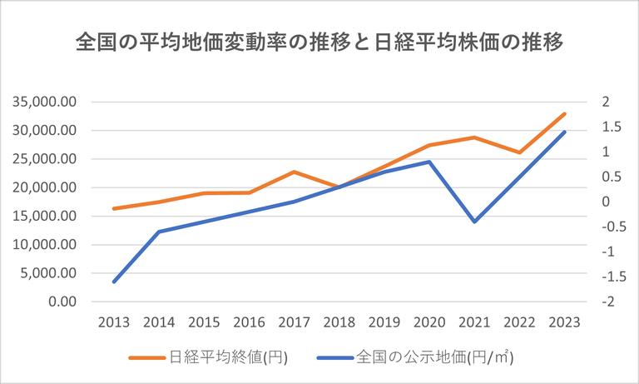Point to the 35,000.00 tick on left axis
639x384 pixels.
point(45,102)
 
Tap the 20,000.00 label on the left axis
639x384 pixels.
point(45,187)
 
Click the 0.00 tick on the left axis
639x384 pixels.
point(62,302)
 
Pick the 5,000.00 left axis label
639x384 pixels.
point(49,273)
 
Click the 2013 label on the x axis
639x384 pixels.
point(114,322)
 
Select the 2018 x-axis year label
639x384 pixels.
point(339,322)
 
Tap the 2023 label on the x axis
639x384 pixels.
point(564,322)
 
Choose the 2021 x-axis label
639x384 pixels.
point(474,322)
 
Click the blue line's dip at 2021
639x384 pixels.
point(474,222)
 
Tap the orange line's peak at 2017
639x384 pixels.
point(294,172)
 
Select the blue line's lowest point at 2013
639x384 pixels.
point(114,282)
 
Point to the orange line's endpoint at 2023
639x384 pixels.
point(564,114)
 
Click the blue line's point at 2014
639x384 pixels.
point(159,232)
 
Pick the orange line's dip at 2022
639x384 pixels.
point(519,152)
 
